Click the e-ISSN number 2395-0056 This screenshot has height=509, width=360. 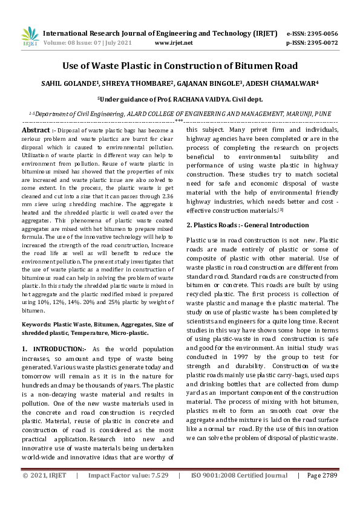320,34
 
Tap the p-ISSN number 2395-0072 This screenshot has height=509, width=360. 320,44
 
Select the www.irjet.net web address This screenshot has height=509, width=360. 174,44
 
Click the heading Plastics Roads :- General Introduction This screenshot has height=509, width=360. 239,225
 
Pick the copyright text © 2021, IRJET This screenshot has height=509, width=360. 46,493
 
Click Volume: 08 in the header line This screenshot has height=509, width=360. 62,44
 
